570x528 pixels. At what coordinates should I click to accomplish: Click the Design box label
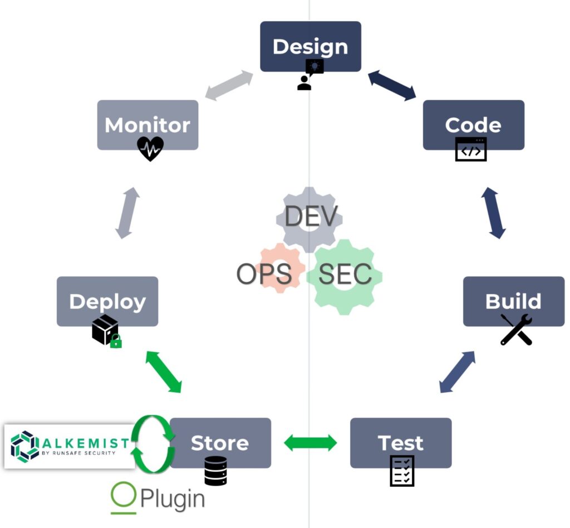pos(310,47)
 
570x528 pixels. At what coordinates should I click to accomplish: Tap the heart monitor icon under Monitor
pos(150,148)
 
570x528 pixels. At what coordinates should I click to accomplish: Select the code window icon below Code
pos(471,149)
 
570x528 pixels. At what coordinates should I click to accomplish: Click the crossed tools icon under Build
pos(516,330)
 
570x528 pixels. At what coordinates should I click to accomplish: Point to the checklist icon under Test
pos(402,471)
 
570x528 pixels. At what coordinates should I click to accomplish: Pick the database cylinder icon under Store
pos(215,471)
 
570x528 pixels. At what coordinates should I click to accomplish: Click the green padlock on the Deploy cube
pos(116,342)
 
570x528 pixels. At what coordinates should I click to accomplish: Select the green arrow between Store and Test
pos(310,443)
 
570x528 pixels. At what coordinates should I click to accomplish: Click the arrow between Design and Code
pos(392,86)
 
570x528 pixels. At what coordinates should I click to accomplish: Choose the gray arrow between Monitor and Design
pos(229,86)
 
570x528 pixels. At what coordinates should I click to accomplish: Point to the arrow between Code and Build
pos(493,213)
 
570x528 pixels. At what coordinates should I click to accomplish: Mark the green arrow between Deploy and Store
pos(164,372)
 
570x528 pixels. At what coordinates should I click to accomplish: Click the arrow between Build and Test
pos(457,372)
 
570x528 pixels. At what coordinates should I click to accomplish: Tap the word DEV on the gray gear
pos(311,217)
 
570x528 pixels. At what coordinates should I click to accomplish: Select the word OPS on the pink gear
pos(264,274)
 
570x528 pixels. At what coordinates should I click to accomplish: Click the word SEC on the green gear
pos(345,274)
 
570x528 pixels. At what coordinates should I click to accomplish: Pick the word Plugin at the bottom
pos(173,500)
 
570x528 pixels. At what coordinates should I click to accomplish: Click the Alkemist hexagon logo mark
pos(25,446)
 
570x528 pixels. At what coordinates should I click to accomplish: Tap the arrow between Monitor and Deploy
pos(127,213)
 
